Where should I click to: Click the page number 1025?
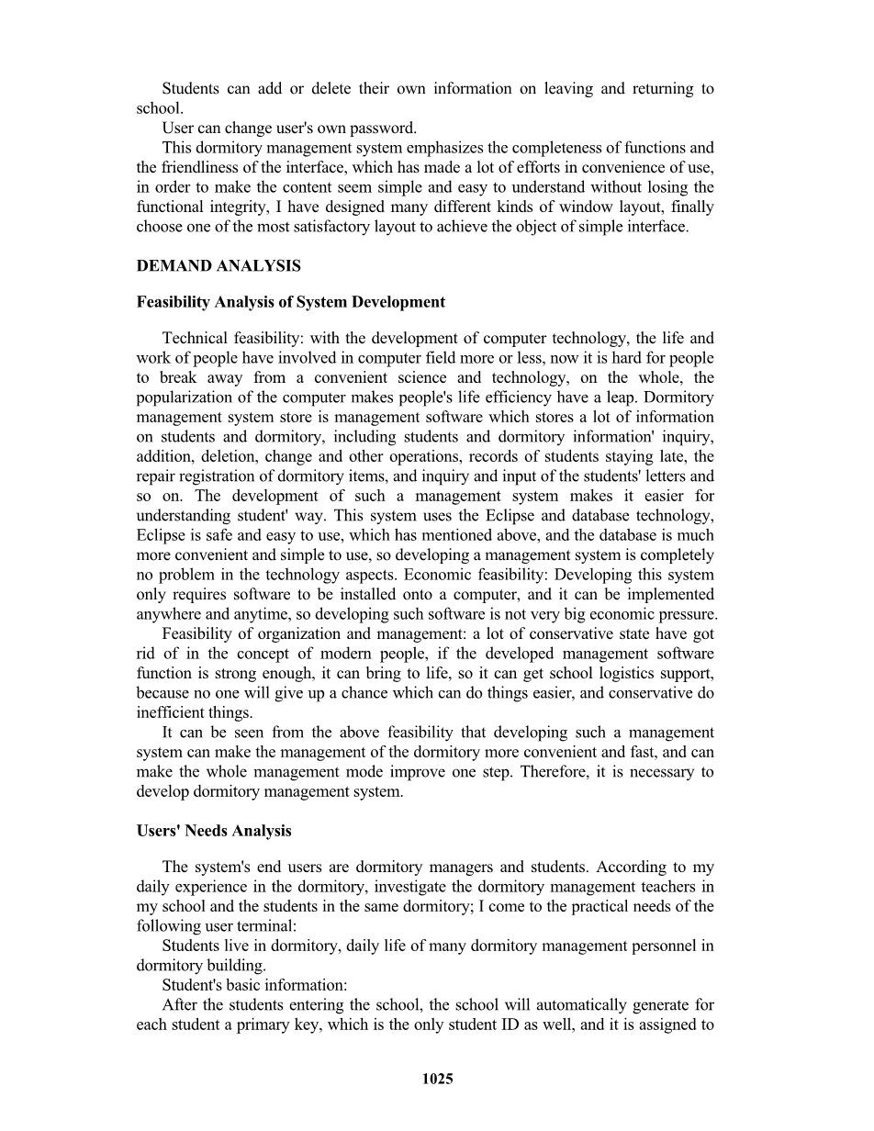(x=437, y=1080)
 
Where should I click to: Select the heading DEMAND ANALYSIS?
(x=218, y=266)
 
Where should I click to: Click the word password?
(x=388, y=128)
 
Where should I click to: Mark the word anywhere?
(x=171, y=614)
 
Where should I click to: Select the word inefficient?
(x=170, y=712)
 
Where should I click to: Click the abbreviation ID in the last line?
(x=477, y=1025)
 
